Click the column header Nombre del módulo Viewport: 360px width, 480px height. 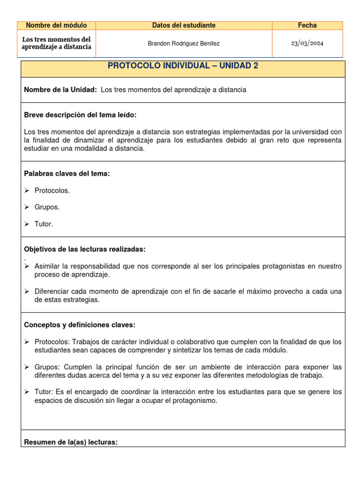pos(56,25)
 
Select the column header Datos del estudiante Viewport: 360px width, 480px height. pos(184,25)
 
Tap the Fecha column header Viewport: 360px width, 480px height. pos(307,25)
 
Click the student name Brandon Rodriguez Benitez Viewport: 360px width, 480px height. pos(183,44)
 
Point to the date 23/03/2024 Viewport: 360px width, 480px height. pos(307,44)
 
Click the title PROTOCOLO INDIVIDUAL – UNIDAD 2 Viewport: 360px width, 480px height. pos(183,66)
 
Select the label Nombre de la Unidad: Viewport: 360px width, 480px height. pos(60,90)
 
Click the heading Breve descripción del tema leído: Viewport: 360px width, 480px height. pos(80,115)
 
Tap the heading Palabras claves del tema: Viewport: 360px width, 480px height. pos(67,173)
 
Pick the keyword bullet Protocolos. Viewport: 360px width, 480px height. pos(52,190)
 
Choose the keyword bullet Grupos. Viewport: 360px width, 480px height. pos(47,207)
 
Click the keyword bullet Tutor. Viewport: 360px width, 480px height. pos(44,224)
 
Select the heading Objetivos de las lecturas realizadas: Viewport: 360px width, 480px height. pos(88,249)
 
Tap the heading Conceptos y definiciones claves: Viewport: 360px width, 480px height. pos(80,325)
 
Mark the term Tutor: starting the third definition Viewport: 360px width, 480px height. pos(44,391)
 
